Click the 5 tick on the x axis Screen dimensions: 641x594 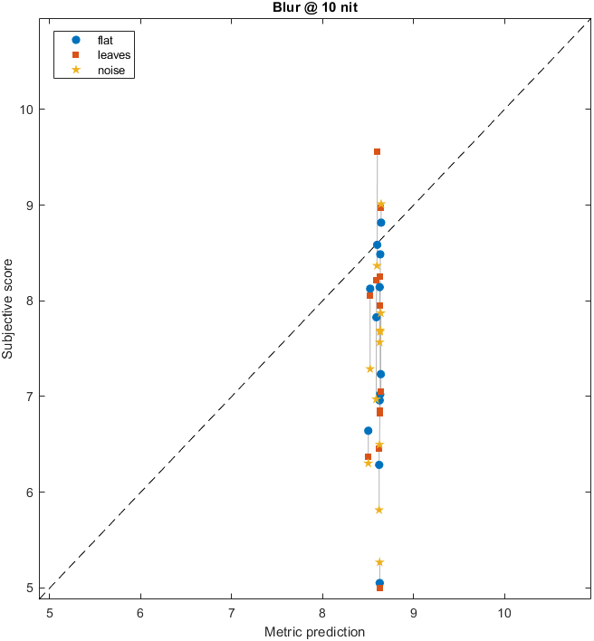click(50, 611)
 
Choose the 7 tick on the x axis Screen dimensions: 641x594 click(232, 611)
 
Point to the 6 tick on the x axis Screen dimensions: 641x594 click(141, 611)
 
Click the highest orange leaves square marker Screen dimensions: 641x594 click(377, 151)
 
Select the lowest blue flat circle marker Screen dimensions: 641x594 click(379, 583)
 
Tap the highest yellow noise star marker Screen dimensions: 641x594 click(381, 205)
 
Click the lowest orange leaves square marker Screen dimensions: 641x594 click(379, 588)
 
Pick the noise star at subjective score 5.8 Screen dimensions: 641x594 click(378, 510)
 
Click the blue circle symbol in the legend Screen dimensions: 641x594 click(76, 40)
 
